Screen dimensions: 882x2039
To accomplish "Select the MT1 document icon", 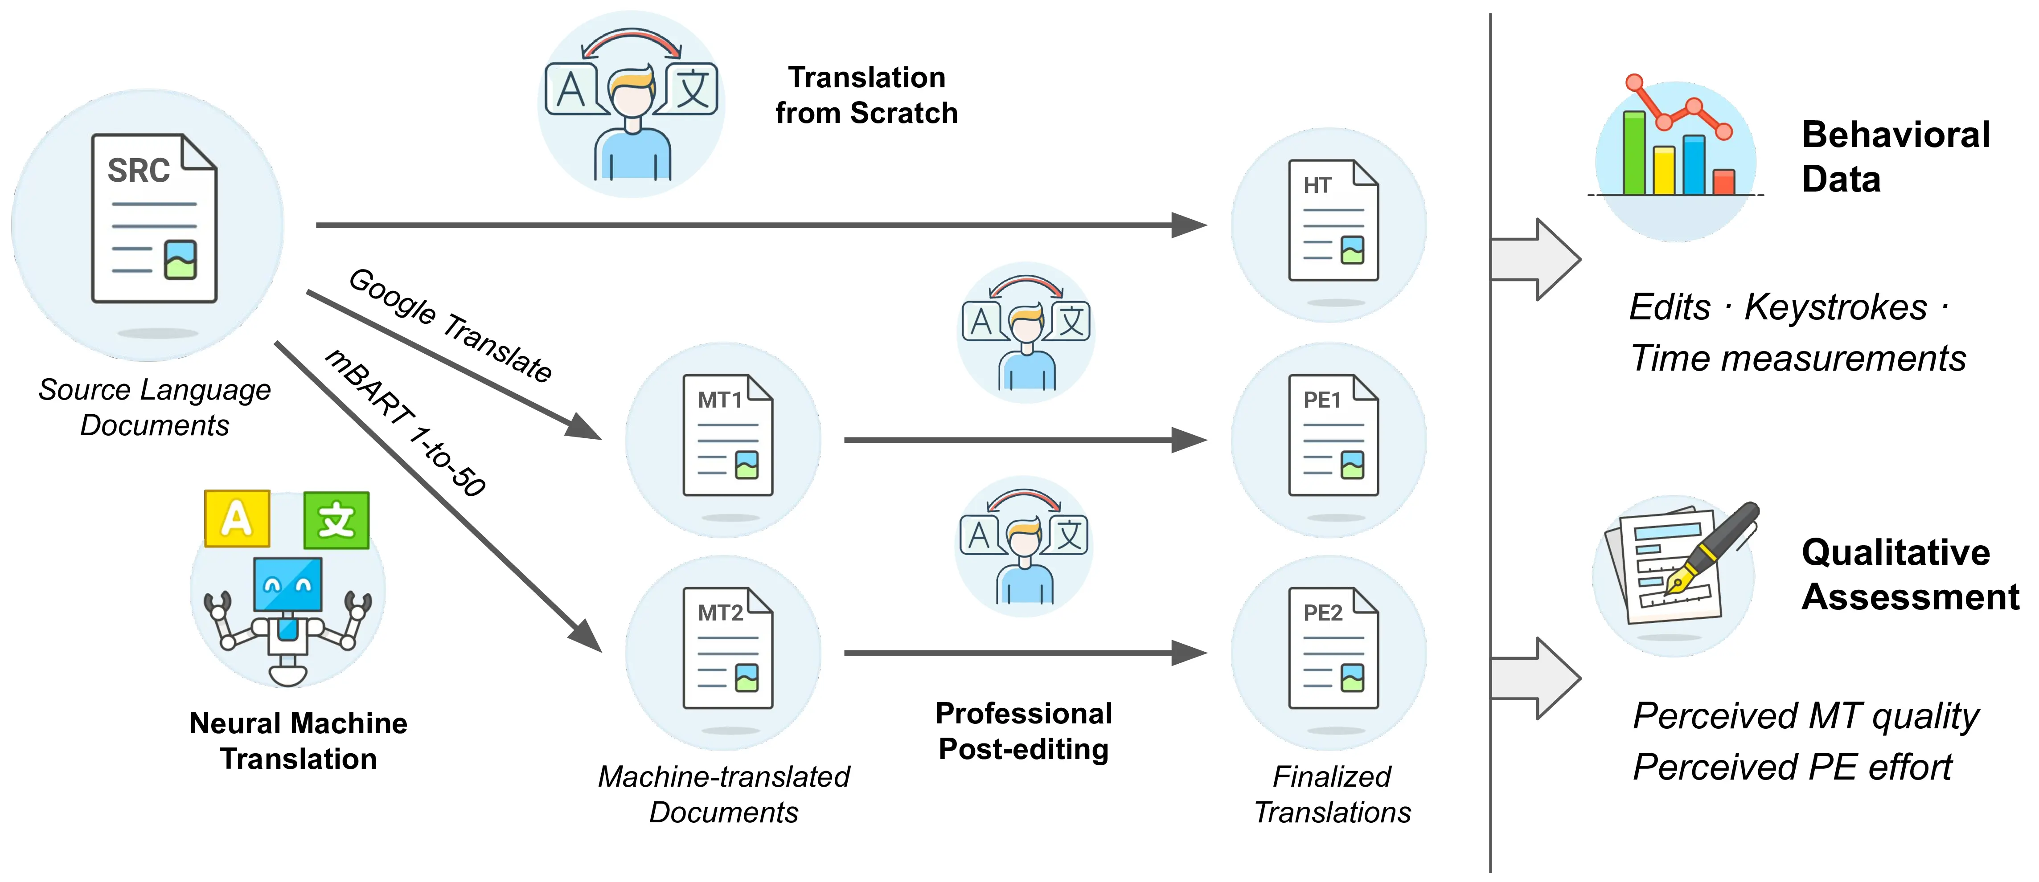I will tap(727, 436).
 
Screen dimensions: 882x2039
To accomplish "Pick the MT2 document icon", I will tap(727, 649).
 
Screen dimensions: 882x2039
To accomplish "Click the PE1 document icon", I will tap(1333, 436).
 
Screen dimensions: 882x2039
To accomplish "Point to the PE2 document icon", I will tap(1333, 649).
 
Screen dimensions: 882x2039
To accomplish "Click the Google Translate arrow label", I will tap(450, 325).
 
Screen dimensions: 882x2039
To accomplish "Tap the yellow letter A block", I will tap(237, 519).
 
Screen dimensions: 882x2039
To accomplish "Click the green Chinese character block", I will tap(336, 520).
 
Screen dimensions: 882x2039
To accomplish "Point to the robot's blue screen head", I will tap(287, 584).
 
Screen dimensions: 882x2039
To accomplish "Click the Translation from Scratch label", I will tap(866, 95).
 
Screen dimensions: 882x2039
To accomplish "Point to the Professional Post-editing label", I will tap(1023, 731).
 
